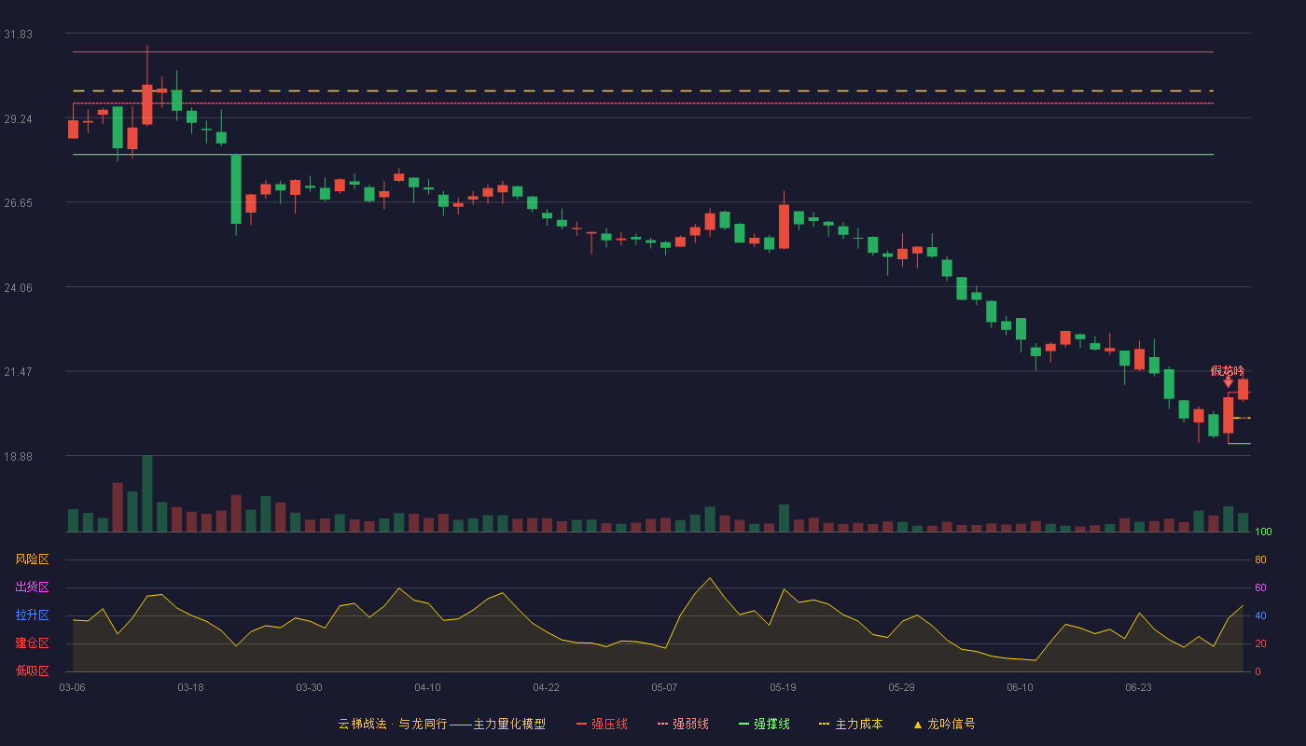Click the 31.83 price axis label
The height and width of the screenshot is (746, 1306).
coord(18,35)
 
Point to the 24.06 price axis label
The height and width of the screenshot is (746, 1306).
coord(18,288)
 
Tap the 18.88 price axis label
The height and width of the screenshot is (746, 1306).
coord(18,456)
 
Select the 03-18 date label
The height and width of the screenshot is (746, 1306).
coord(190,688)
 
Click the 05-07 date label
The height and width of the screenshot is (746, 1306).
coord(664,688)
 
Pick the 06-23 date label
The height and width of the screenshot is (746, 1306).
coord(1138,688)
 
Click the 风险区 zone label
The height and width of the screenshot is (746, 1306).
coord(32,559)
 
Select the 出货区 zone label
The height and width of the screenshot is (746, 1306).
coord(32,587)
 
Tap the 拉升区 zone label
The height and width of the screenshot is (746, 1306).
coord(32,615)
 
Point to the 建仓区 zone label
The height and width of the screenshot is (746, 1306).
coord(32,642)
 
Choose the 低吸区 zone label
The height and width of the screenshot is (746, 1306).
coord(32,670)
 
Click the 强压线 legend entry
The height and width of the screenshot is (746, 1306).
coord(602,724)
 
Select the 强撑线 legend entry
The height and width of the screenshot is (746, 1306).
coord(764,724)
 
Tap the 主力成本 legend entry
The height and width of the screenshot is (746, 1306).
coord(851,724)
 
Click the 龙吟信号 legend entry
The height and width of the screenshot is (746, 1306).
coord(944,724)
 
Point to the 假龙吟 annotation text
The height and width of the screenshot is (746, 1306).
coord(1228,371)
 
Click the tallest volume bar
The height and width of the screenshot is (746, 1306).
coord(147,493)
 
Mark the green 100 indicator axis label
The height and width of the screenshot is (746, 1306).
coord(1263,532)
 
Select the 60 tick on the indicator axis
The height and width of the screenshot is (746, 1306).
coord(1260,587)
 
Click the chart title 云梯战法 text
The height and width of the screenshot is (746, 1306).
coord(363,724)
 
